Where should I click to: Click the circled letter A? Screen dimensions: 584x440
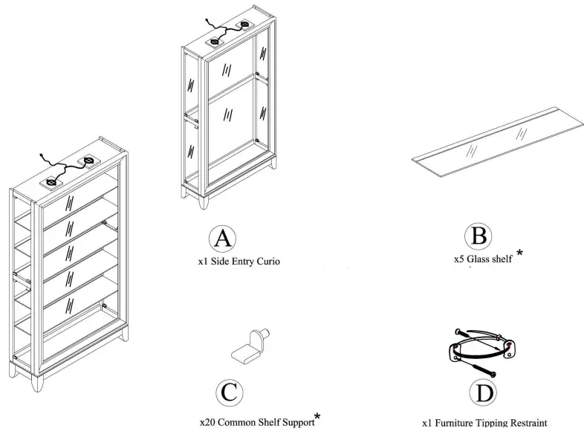click(222, 239)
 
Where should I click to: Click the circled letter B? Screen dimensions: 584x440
click(478, 236)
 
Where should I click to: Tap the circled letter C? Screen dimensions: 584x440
click(230, 392)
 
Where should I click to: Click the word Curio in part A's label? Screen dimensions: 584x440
click(267, 261)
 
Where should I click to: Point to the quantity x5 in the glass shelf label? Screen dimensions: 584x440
click(459, 259)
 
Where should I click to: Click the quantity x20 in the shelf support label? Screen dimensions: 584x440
click(207, 422)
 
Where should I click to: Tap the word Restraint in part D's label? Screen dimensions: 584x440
click(528, 423)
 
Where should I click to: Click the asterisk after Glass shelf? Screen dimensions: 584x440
click(519, 253)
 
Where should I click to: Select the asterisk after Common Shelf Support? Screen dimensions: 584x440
click(317, 417)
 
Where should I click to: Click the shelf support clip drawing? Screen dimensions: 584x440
click(250, 346)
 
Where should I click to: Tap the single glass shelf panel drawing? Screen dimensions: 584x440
click(498, 142)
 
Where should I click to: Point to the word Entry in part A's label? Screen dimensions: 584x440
click(242, 262)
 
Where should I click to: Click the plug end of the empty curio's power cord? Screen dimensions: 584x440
click(207, 21)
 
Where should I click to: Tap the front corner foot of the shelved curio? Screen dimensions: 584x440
click(37, 383)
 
